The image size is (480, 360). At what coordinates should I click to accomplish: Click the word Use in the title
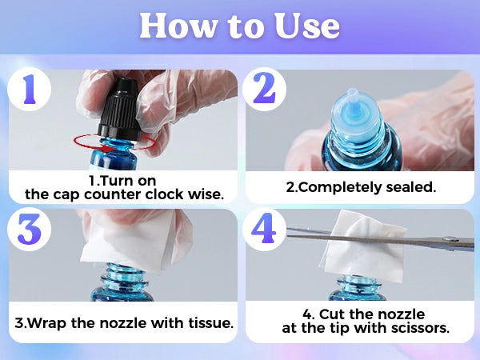tap(307, 26)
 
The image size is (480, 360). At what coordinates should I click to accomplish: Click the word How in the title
tap(178, 26)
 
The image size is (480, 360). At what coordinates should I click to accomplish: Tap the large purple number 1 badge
tap(29, 89)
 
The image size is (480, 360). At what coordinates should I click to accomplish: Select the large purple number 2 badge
tap(264, 89)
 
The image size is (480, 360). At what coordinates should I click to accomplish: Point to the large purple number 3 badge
tap(29, 229)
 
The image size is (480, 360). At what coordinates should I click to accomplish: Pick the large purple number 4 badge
tap(264, 229)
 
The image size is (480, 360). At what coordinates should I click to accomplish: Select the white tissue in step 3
tap(129, 239)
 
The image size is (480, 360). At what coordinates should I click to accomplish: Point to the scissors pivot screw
tap(450, 238)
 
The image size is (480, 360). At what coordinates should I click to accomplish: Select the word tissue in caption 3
tap(210, 323)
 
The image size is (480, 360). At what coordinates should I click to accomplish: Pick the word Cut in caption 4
tap(332, 314)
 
